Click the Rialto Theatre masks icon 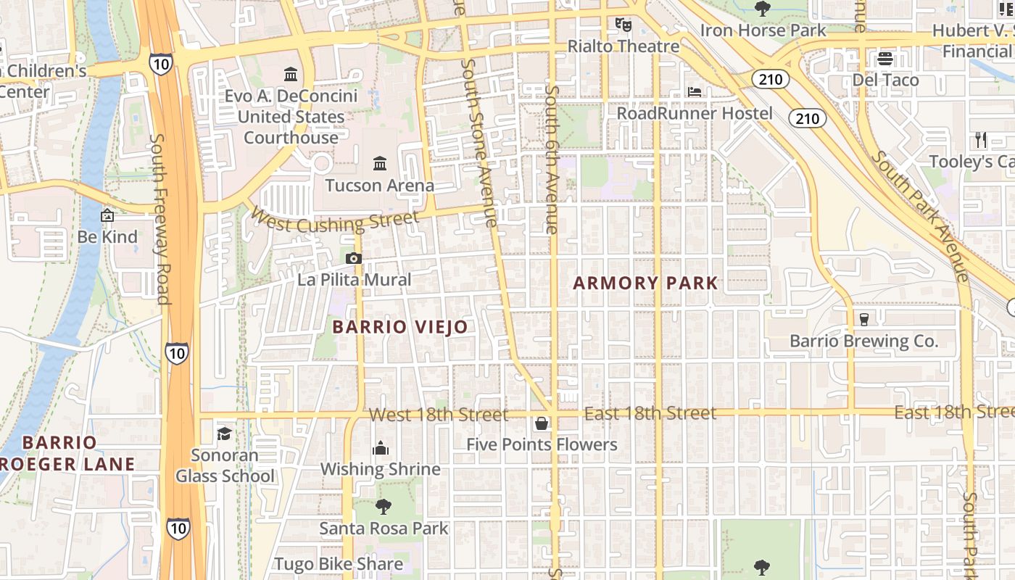point(623,25)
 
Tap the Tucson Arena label point(379,185)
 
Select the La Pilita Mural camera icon point(354,258)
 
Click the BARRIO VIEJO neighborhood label point(400,327)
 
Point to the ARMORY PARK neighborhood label point(645,283)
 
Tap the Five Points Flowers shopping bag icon point(542,423)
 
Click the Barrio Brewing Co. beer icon point(863,319)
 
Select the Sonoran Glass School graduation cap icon point(224,434)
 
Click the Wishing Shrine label point(381,469)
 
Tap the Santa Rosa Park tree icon point(384,507)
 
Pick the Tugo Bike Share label point(339,564)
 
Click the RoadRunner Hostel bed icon point(695,92)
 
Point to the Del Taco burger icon point(884,59)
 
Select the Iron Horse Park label point(763,30)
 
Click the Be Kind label point(107,237)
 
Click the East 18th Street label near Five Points point(650,413)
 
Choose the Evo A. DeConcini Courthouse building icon point(291,74)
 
